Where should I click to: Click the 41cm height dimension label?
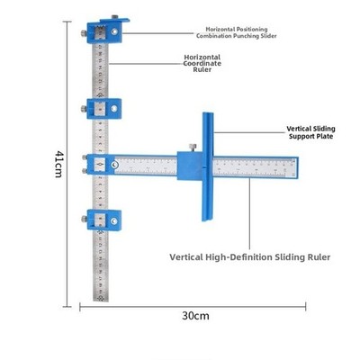point(58,164)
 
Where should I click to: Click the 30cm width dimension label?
point(195,316)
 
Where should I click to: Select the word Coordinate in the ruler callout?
point(202,63)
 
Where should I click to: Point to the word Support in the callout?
point(301,136)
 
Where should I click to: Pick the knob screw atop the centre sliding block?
point(192,148)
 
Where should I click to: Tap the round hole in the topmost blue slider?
point(114,31)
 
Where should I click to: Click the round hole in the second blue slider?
point(114,109)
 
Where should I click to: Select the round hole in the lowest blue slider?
point(114,221)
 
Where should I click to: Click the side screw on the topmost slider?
point(84,33)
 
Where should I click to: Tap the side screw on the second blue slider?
point(84,109)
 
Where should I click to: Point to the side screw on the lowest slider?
point(84,219)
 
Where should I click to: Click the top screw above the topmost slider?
point(114,17)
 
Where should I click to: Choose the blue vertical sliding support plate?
point(207,166)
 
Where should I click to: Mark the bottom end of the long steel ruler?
point(101,301)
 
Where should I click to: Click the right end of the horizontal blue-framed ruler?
point(298,167)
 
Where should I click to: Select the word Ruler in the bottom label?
point(319,257)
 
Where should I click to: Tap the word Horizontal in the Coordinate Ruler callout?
point(202,57)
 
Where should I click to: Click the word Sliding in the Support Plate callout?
point(324,129)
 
